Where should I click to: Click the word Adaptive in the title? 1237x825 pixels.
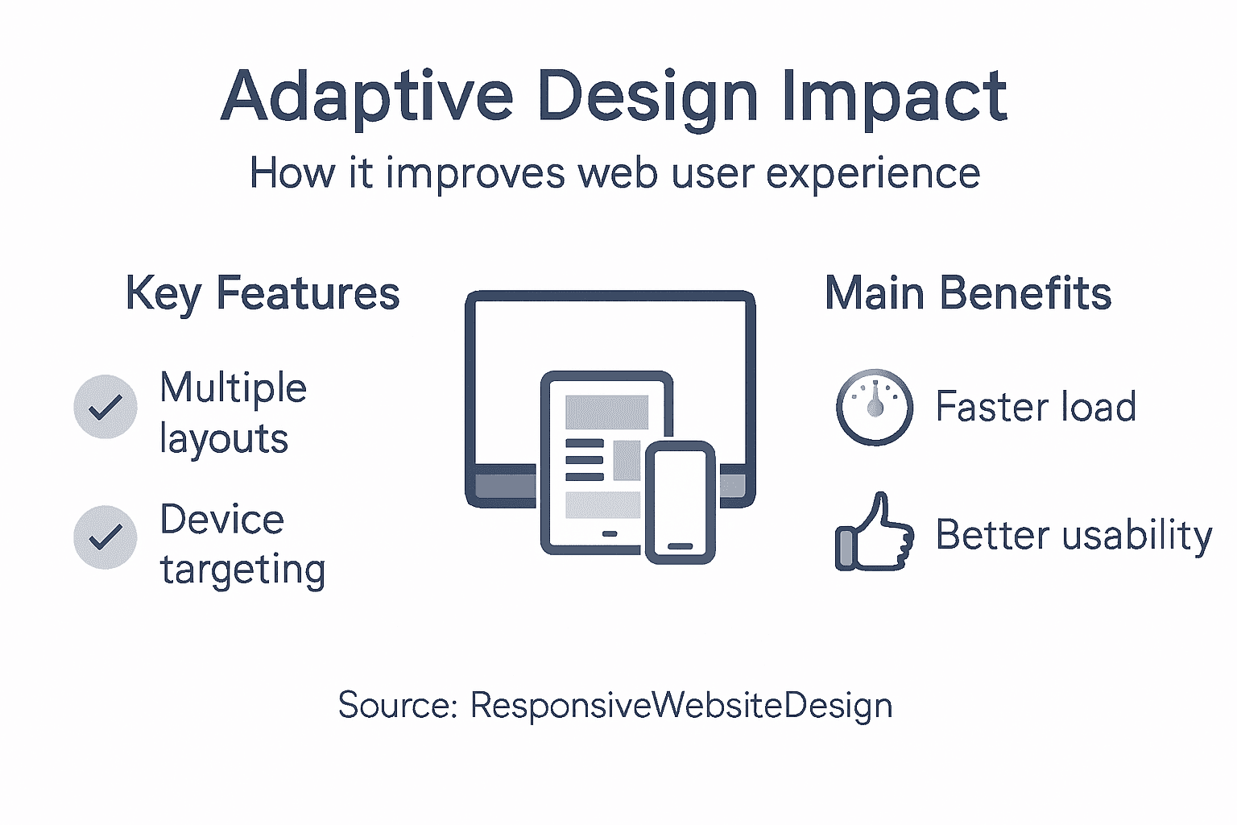pos(366,97)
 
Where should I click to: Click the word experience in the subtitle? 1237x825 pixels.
pos(873,173)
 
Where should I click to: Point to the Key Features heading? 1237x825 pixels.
pos(263,293)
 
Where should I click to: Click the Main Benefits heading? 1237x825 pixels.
pos(968,293)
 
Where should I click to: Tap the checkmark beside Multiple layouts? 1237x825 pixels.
pos(105,407)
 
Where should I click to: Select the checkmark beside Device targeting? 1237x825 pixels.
pos(105,537)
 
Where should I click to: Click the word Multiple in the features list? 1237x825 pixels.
pos(234,388)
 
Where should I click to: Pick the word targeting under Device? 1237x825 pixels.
pos(242,570)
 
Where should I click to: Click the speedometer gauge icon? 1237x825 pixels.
pos(875,407)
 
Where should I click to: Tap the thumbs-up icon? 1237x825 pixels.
pos(875,533)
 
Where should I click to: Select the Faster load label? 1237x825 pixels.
pos(1036,406)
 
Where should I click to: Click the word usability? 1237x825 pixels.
pos(1136,536)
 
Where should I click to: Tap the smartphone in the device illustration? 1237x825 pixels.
pos(681,501)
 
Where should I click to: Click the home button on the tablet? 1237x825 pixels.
pos(610,533)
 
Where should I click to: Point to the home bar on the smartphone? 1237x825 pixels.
pos(681,546)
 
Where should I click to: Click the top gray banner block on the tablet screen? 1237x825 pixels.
pos(606,412)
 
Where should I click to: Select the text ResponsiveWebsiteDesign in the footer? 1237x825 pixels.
pos(681,705)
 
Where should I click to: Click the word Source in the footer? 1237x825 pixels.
pos(395,705)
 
